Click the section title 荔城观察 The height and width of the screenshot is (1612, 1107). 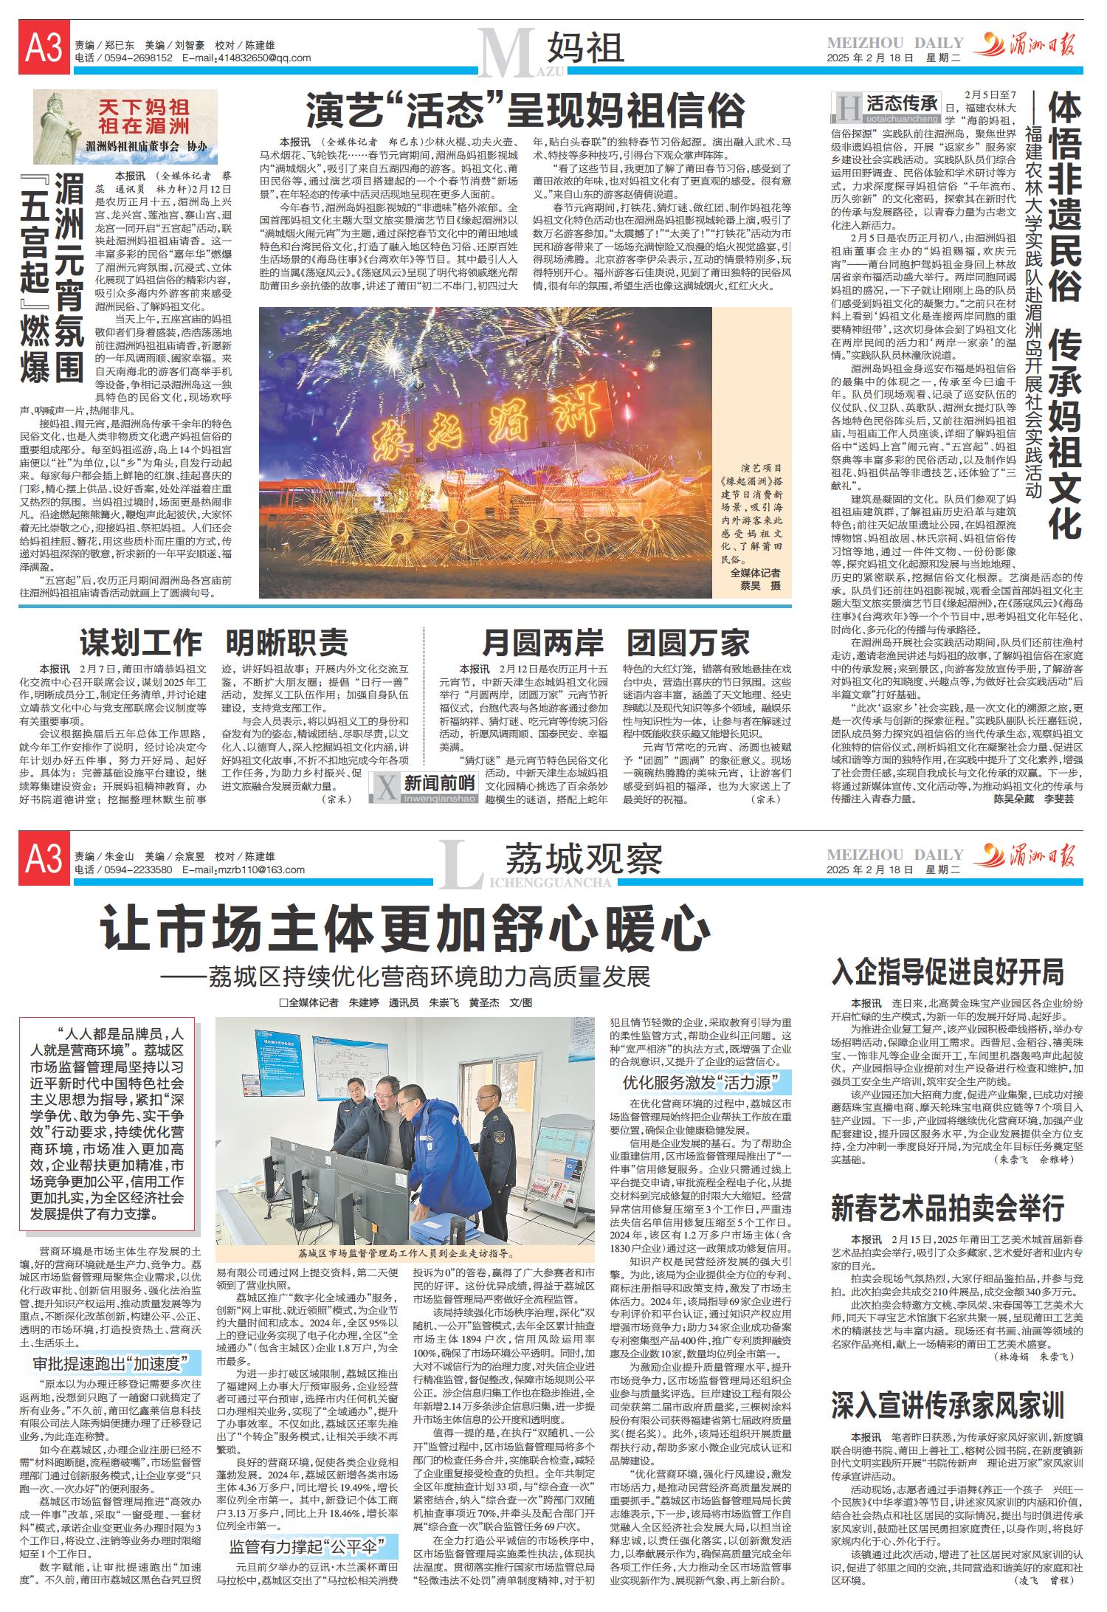click(583, 859)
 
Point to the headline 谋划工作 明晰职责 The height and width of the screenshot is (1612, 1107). click(214, 643)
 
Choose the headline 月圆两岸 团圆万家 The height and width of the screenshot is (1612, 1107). click(615, 643)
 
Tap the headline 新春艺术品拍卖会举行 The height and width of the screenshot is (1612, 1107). click(948, 1208)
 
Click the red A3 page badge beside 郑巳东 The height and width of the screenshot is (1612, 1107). click(44, 49)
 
